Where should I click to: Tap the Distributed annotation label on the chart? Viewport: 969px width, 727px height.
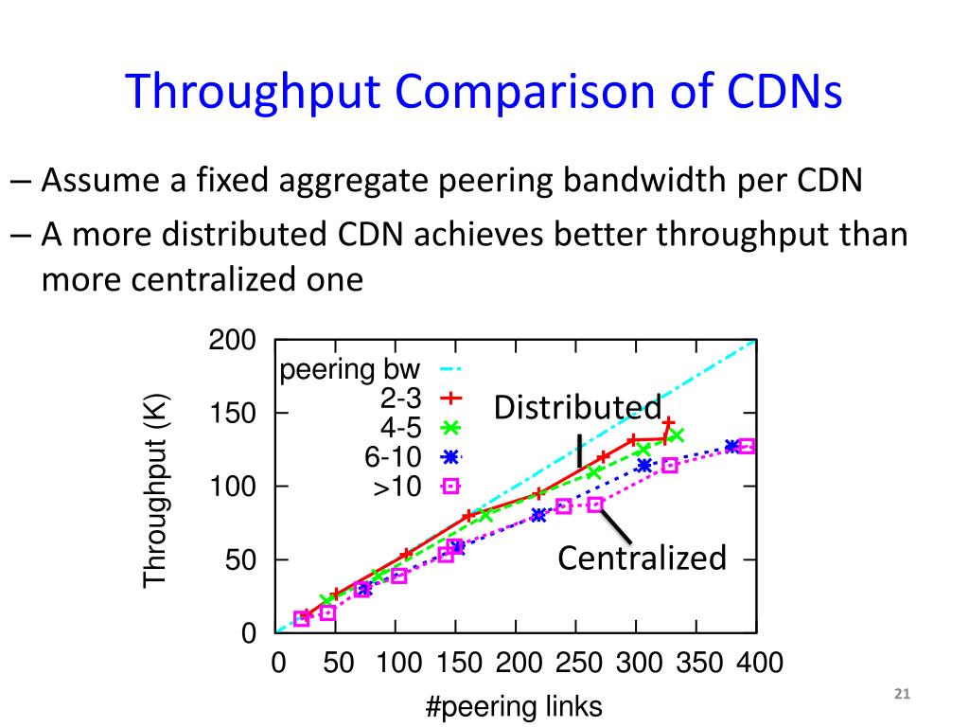pos(577,408)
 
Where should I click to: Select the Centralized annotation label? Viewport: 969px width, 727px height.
pos(642,559)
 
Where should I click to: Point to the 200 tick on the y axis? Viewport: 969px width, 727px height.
pos(233,341)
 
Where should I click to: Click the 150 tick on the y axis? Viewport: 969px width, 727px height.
pos(233,414)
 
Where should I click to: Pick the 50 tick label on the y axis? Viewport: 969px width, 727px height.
pos(241,560)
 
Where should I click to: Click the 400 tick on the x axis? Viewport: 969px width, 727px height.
pos(760,663)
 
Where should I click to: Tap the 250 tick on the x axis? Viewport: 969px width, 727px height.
pos(579,663)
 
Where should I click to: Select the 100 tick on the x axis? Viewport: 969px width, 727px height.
pos(398,663)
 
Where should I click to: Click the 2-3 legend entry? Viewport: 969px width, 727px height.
pos(401,399)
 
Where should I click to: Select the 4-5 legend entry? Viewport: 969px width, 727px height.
pos(401,428)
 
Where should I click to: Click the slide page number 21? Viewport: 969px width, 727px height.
pos(901,696)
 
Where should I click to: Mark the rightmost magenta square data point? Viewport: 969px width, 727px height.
pos(747,446)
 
